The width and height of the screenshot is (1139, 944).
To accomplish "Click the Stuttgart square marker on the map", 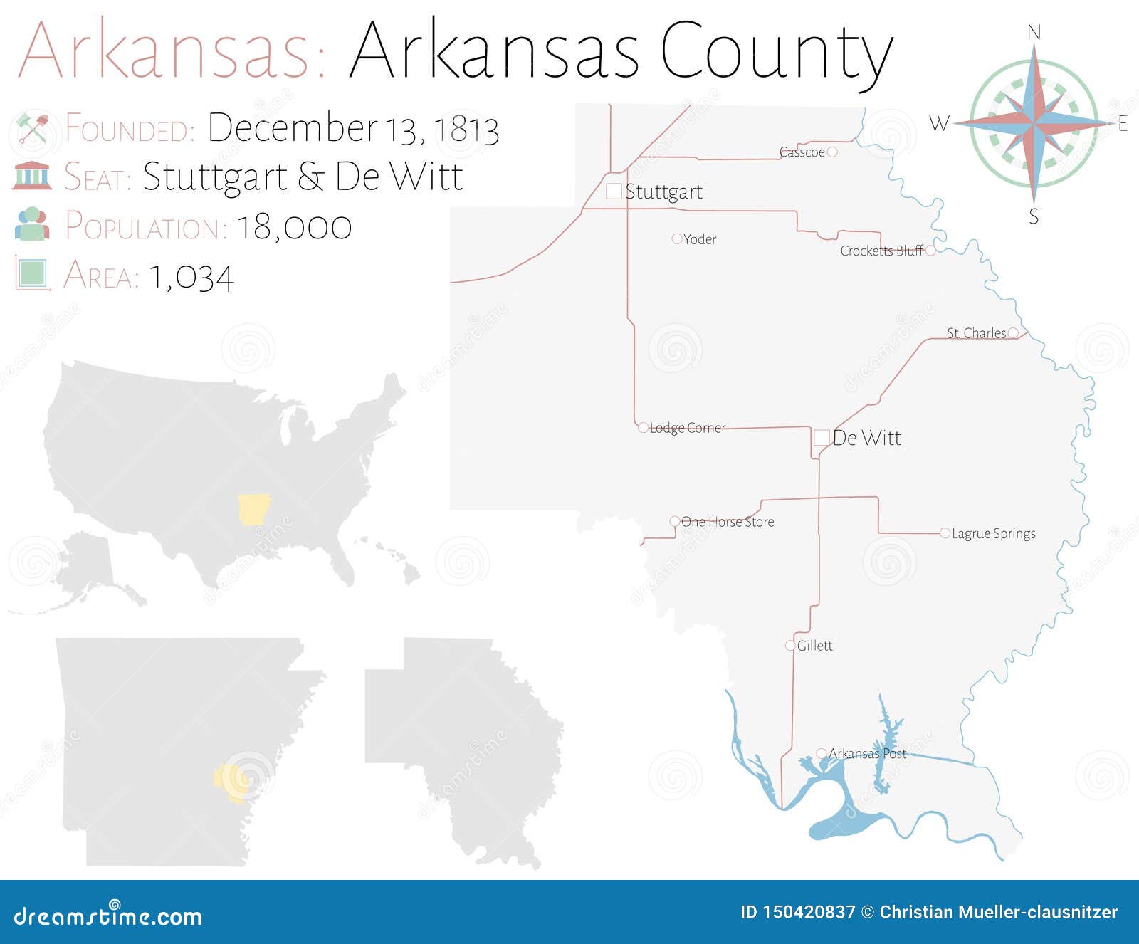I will pos(614,191).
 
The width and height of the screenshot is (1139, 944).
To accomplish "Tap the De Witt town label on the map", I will pos(866,438).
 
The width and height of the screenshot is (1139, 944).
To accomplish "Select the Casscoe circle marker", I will pos(832,152).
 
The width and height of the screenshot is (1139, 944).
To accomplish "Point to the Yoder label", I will pos(700,239).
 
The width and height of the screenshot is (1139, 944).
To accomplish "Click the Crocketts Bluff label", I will pos(881,251).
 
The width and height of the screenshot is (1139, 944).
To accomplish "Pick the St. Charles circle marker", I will pos(1013,332).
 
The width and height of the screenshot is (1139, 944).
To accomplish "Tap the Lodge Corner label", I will pos(688,428).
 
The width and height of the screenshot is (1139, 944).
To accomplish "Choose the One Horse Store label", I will pos(728,522).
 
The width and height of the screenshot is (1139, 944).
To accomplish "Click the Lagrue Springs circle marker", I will pos(945,533).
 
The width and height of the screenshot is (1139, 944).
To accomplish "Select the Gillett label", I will pos(814,646).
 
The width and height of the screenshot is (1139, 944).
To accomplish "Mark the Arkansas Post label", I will pos(868,753).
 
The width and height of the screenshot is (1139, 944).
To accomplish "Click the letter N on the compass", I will pos(1034,33).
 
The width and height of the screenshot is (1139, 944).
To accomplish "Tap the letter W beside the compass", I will pos(939,124).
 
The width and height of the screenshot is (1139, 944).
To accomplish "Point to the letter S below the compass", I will pos(1034,216).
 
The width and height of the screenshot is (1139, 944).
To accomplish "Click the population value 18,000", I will pos(294,227).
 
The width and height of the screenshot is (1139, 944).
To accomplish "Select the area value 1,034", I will pos(191,278).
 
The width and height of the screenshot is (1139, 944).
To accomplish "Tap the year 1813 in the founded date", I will pos(466,130).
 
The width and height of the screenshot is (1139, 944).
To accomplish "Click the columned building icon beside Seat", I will pos(32,176).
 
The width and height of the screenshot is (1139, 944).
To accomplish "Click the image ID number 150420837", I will pos(809,912).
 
